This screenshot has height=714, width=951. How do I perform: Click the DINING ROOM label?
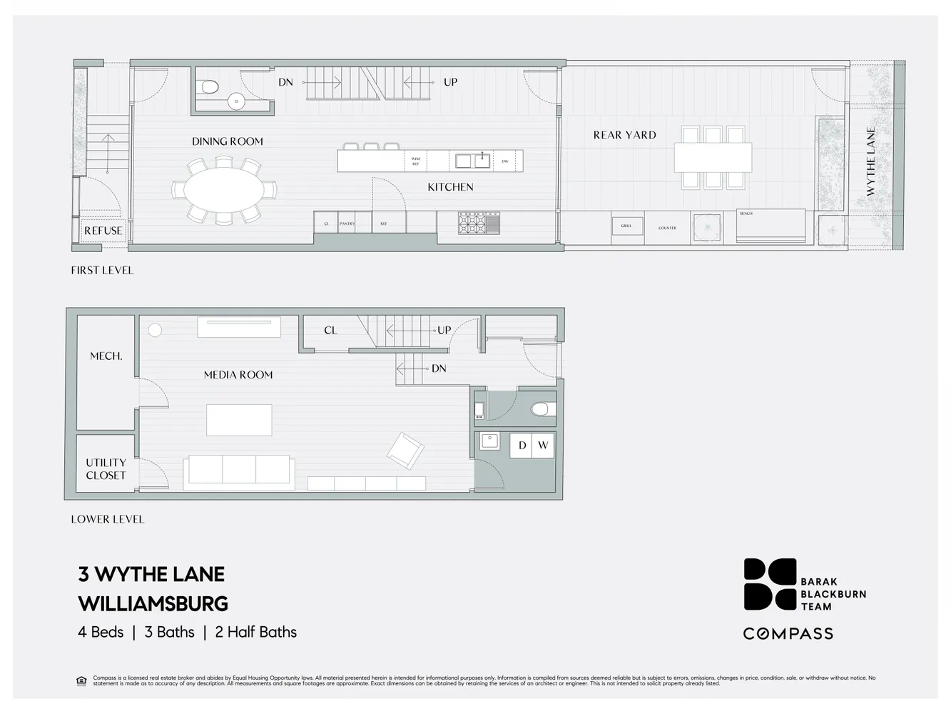point(227,141)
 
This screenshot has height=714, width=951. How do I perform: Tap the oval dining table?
point(224,190)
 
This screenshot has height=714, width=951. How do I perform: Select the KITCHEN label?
point(450,187)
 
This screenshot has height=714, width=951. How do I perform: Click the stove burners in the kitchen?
point(472,223)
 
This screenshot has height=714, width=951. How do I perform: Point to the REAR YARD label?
point(624,135)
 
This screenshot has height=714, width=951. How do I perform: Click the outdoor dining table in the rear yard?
point(713,157)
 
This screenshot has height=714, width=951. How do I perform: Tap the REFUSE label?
point(103,231)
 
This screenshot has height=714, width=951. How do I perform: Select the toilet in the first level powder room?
point(209,87)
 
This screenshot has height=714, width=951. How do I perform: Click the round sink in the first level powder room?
point(236,102)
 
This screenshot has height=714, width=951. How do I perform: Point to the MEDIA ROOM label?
point(238,375)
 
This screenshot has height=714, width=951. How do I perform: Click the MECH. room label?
point(106,356)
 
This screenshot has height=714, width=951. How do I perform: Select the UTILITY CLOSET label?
point(106,469)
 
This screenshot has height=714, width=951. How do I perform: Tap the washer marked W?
point(543,446)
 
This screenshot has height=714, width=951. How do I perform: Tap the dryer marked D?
point(522,446)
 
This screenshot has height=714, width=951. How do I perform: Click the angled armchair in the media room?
point(405,451)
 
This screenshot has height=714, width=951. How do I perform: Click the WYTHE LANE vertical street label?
point(870,161)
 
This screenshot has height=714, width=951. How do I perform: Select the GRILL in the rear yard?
point(626,226)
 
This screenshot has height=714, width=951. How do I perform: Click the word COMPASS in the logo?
point(788,633)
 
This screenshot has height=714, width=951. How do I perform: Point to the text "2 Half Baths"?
point(255,632)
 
